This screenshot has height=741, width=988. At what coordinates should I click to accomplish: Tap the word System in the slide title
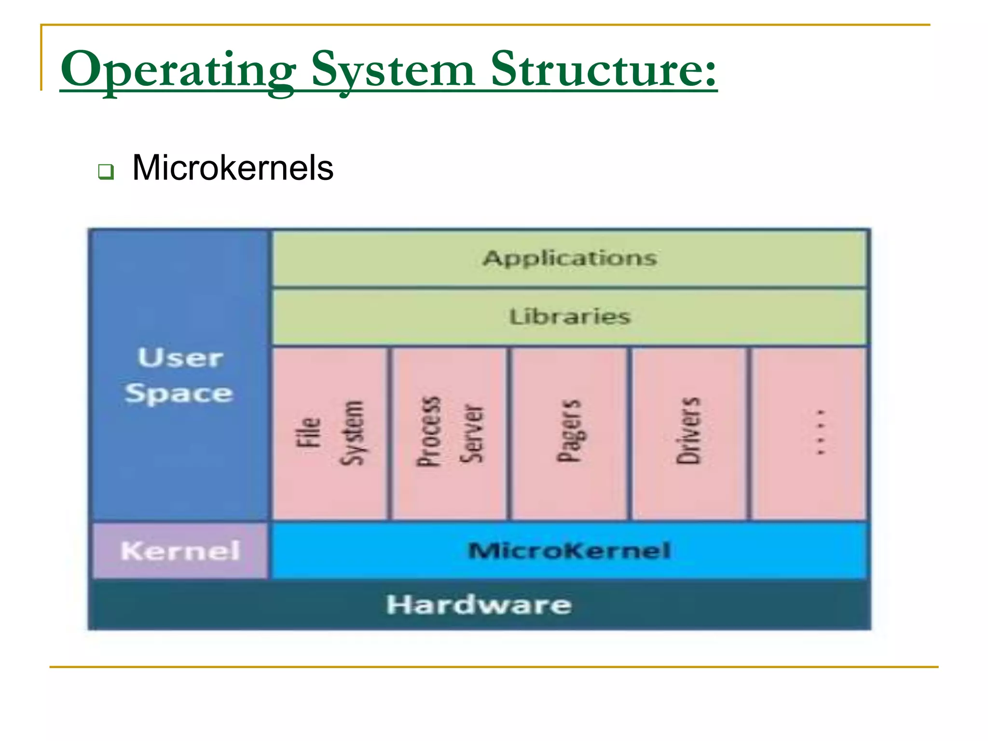click(x=393, y=70)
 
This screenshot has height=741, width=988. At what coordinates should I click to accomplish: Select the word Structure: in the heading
click(x=603, y=70)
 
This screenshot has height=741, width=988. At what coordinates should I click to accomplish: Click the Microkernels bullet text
click(x=233, y=168)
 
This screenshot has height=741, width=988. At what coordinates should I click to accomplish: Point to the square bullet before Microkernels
click(x=106, y=171)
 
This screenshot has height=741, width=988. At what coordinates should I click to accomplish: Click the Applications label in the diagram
click(x=570, y=258)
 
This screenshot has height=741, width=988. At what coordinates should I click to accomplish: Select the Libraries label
click(x=570, y=317)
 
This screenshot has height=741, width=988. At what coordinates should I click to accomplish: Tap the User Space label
click(x=179, y=375)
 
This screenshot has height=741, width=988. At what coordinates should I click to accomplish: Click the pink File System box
click(x=330, y=433)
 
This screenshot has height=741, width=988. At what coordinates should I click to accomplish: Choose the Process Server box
click(x=450, y=433)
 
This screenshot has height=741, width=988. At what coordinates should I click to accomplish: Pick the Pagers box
click(x=569, y=433)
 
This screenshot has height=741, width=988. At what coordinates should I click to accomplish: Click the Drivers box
click(x=688, y=433)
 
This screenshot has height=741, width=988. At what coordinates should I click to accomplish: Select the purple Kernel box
click(x=180, y=550)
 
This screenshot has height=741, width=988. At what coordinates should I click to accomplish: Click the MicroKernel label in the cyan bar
click(x=569, y=550)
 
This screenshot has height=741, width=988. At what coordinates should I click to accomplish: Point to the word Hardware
click(x=479, y=604)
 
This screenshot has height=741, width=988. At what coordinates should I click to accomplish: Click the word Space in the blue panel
click(x=179, y=393)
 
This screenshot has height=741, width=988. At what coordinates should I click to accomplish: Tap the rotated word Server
click(x=471, y=433)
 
